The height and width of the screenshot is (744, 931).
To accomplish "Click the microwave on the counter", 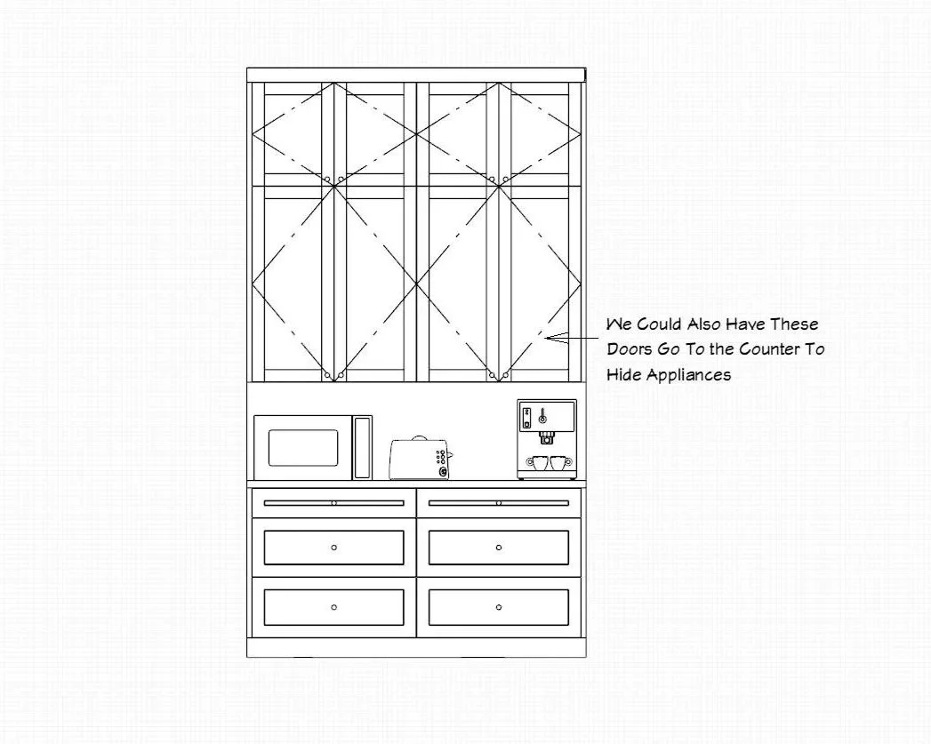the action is [x=312, y=447].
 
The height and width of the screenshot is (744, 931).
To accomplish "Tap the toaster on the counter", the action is [x=420, y=459].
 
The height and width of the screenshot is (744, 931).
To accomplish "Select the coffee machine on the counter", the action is [x=546, y=439].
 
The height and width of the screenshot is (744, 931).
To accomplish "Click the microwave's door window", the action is [x=303, y=448].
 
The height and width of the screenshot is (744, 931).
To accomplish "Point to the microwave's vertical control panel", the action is [x=362, y=447].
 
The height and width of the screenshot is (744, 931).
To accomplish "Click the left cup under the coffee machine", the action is [x=539, y=462].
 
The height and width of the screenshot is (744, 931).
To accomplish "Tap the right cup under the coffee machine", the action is [x=558, y=462].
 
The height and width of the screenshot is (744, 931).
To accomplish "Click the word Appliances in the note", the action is [x=688, y=375].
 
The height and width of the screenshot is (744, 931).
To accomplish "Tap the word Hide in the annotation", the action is [x=623, y=375].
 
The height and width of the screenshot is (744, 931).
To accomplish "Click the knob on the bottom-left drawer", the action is [x=333, y=607].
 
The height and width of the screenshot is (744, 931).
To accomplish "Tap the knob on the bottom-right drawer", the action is [x=498, y=607].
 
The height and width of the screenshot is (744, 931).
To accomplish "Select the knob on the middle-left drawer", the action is [x=333, y=548].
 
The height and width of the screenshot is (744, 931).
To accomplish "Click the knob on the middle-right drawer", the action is [x=498, y=548].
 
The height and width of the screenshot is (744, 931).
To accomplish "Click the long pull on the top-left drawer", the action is [x=333, y=503].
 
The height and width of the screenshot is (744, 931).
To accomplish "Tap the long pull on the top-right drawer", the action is [x=498, y=503].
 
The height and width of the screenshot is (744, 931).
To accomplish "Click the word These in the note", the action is [x=793, y=324].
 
